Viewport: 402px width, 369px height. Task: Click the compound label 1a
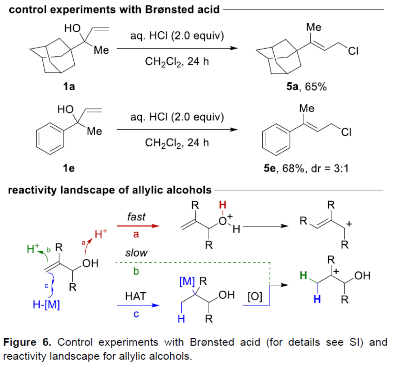point(69,86)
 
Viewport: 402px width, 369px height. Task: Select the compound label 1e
point(69,168)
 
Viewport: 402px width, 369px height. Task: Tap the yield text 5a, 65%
point(306,86)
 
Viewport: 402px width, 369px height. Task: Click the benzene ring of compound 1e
point(50,139)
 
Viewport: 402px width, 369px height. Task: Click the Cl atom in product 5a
point(353,51)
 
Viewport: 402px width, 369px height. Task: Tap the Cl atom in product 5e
point(346,133)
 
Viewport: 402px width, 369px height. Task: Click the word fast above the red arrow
point(136,217)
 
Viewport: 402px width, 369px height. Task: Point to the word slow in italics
point(136,253)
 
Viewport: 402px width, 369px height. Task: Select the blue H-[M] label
point(46,305)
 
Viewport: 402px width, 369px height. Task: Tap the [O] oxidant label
point(255,296)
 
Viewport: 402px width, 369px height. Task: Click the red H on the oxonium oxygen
point(223,205)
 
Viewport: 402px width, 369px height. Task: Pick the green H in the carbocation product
point(303,275)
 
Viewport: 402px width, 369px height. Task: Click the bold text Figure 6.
point(27,342)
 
